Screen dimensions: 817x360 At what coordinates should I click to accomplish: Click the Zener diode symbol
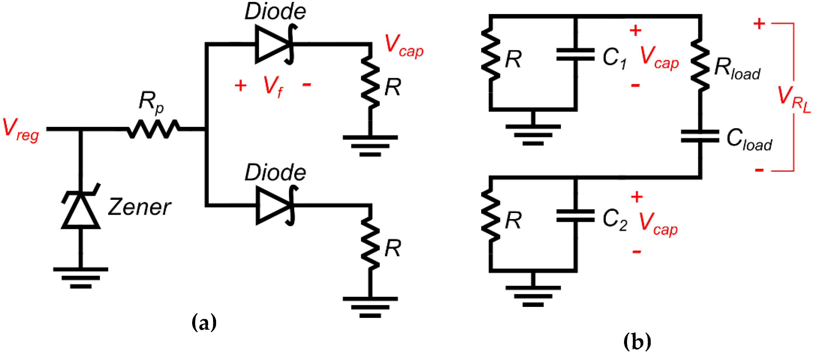click(x=81, y=206)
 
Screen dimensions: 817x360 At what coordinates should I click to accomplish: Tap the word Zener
click(x=140, y=207)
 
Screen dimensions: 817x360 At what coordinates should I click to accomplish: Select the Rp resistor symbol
click(x=154, y=129)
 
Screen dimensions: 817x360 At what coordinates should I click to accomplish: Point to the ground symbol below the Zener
click(x=81, y=278)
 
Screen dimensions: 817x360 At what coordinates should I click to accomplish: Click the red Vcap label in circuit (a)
click(x=404, y=46)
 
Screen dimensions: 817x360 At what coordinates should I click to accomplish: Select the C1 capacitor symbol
click(x=575, y=54)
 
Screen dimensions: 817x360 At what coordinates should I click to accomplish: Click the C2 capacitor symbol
click(x=575, y=216)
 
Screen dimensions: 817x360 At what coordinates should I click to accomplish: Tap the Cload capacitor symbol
click(x=700, y=136)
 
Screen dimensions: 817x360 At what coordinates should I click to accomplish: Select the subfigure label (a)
click(x=204, y=322)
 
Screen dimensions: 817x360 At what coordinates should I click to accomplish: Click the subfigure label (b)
click(x=637, y=341)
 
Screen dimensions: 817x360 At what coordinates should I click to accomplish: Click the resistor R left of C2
click(x=491, y=216)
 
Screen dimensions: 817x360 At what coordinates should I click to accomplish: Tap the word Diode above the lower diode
click(x=275, y=173)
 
